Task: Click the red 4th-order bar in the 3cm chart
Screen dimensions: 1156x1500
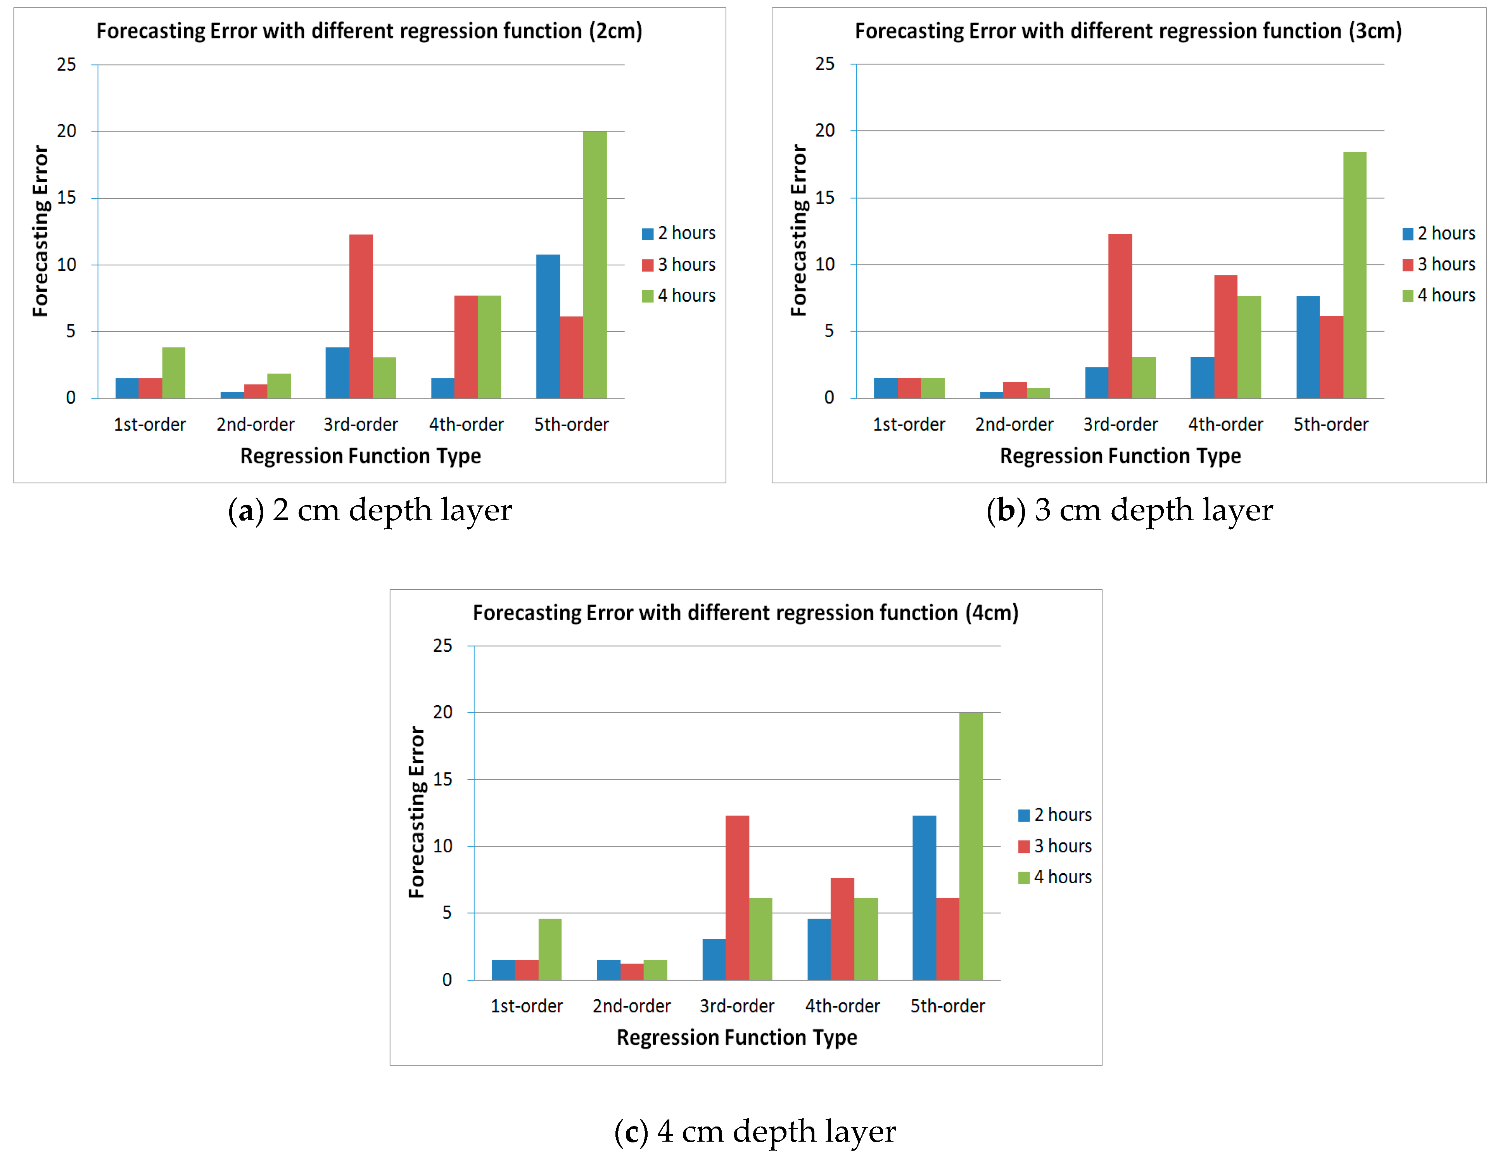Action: click(1225, 337)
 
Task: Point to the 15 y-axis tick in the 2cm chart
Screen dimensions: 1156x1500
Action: click(67, 198)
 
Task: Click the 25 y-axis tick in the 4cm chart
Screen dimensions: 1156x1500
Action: click(443, 645)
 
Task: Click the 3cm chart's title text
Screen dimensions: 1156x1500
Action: click(1128, 31)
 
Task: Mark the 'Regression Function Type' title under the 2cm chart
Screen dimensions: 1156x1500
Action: click(361, 456)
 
